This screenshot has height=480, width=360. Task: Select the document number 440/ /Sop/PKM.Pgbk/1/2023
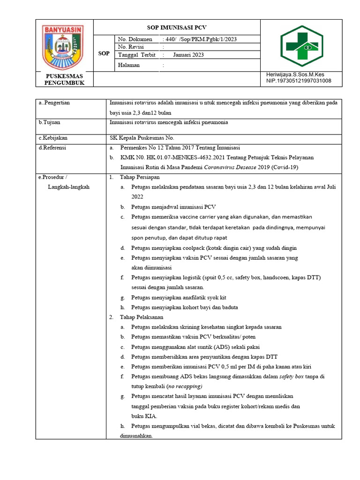click(x=199, y=39)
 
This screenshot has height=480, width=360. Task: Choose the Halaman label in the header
click(x=129, y=65)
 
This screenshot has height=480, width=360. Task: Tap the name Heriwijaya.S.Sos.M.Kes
click(x=295, y=75)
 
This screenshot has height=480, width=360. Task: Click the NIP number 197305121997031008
click(x=299, y=81)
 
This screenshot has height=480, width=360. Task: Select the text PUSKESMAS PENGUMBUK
click(x=64, y=79)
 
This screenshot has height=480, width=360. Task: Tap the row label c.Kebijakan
click(x=53, y=138)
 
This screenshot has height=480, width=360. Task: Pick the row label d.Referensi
click(x=52, y=148)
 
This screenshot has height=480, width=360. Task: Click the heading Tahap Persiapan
click(x=140, y=177)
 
